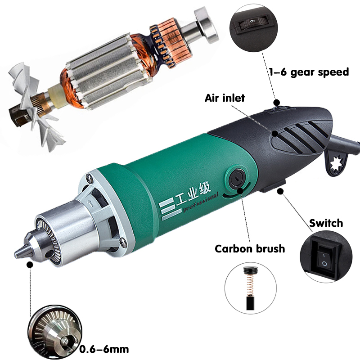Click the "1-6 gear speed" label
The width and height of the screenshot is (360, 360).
click(x=309, y=72)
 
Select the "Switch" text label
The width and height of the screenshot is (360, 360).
click(x=326, y=223)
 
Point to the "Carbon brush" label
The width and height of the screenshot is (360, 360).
click(x=250, y=248)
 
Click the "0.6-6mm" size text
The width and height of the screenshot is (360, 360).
click(x=104, y=349)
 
